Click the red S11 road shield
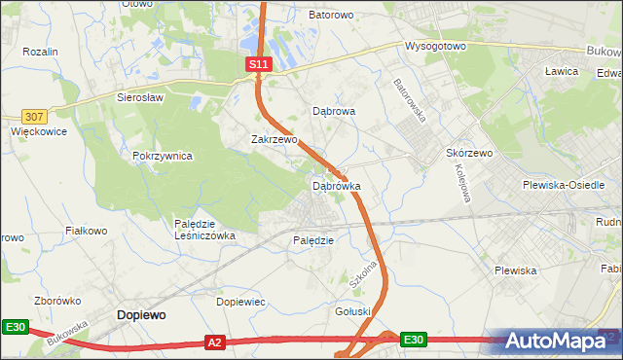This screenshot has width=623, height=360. click(257, 63)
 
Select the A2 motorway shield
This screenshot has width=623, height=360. click(216, 342)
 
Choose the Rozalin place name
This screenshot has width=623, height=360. click(40, 52)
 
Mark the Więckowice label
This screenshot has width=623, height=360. click(37, 129)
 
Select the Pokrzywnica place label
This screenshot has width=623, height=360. click(163, 156)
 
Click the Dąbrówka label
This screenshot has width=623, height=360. click(336, 185)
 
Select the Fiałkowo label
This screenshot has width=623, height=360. click(85, 231)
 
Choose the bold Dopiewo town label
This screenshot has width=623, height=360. click(140, 315)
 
